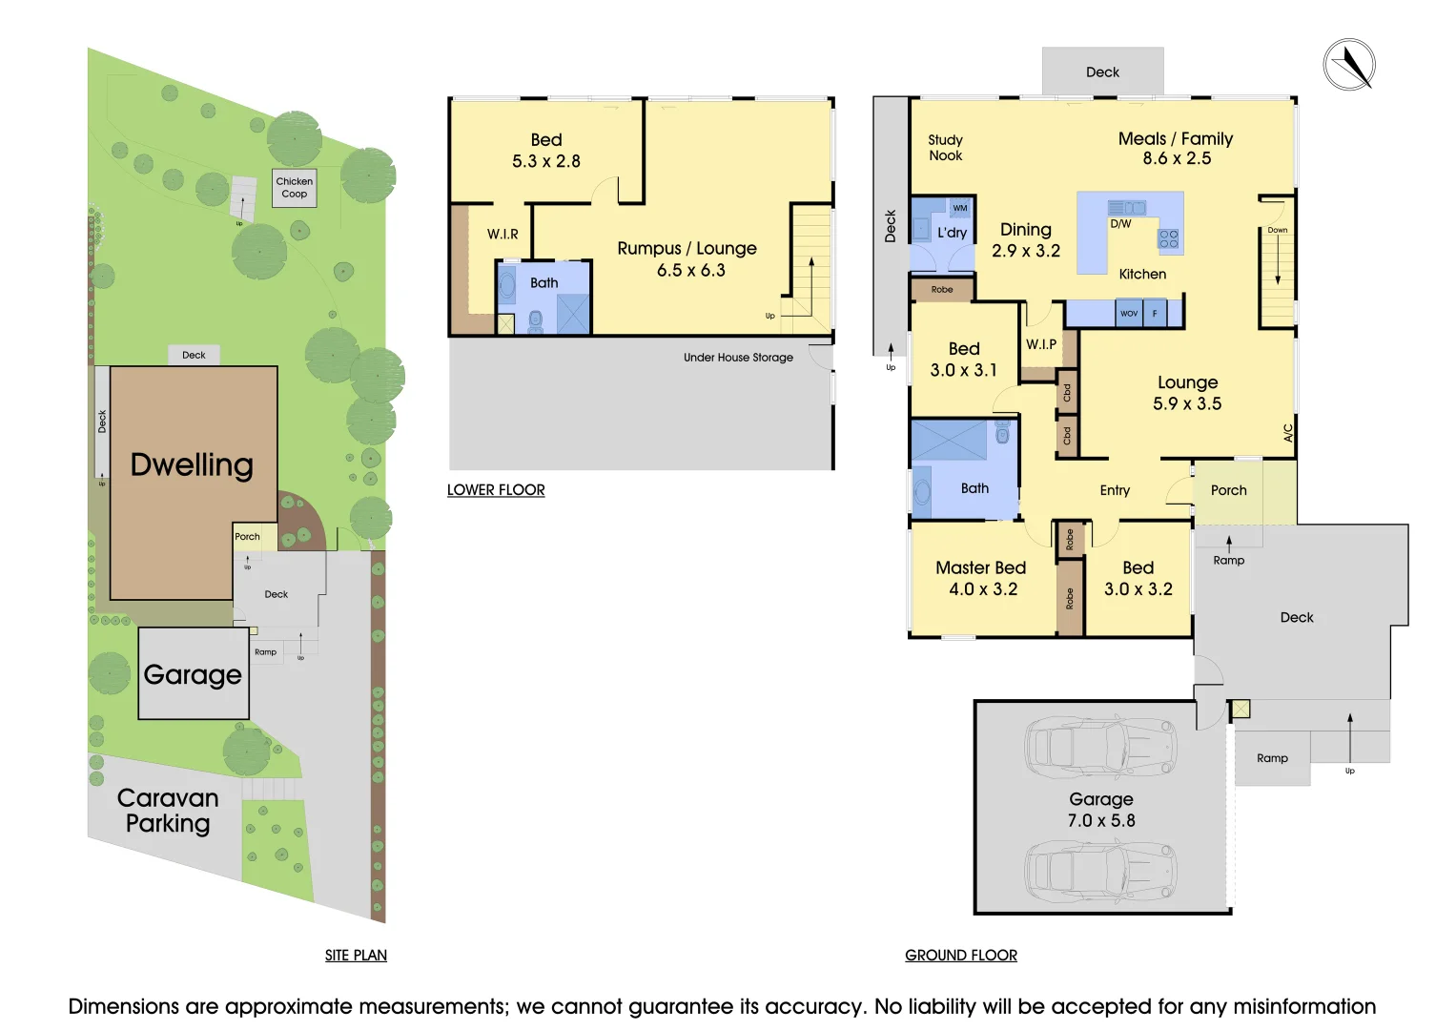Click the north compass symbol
click(x=1349, y=65)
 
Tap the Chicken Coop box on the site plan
click(x=295, y=188)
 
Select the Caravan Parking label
click(x=168, y=811)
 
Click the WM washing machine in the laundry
click(x=960, y=208)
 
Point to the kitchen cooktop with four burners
click(x=1169, y=238)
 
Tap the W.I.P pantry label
click(x=1041, y=344)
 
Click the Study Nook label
click(x=946, y=148)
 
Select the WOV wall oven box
click(x=1129, y=314)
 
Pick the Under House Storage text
click(x=738, y=357)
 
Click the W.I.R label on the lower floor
click(x=502, y=234)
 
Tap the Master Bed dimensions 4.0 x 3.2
click(x=983, y=589)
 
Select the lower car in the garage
click(x=1100, y=870)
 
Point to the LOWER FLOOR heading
click(x=496, y=489)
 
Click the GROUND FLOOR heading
click(x=961, y=956)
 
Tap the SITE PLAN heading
click(x=357, y=956)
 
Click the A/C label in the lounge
click(x=1288, y=433)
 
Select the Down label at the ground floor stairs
click(x=1278, y=230)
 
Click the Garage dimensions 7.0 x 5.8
click(x=1101, y=820)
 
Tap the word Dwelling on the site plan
click(x=192, y=465)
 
